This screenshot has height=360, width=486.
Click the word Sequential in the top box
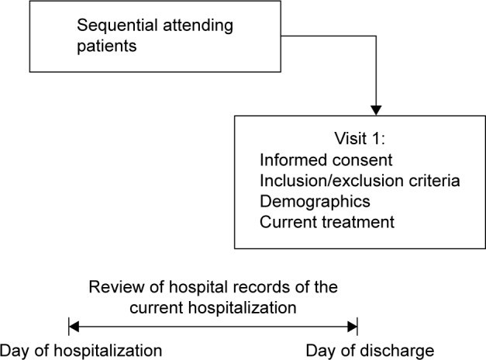coord(117,26)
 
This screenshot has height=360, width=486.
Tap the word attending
coord(198,26)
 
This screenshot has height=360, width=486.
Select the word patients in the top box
coord(107,47)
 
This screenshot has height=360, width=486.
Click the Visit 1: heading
coord(360,138)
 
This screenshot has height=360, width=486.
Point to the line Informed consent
coord(326,160)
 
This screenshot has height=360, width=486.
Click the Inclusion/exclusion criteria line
coord(360,181)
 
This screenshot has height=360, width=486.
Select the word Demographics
coord(315,202)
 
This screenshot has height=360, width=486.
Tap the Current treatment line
coord(327,222)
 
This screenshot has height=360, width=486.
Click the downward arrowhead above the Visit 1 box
coord(376,110)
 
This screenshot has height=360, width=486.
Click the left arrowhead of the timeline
coord(74,327)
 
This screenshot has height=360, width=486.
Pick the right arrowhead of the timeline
coord(353,327)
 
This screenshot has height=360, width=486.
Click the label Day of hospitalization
coord(81,351)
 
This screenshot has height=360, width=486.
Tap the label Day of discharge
coord(370,351)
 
